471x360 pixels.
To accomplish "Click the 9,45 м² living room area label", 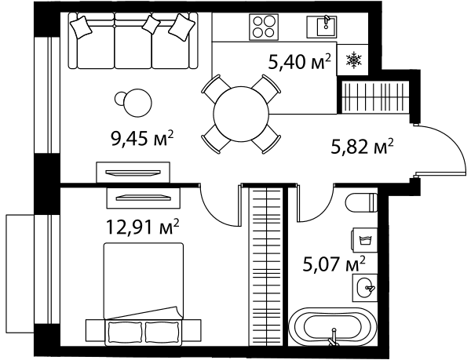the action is coord(142,139).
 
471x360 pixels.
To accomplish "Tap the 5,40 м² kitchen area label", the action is coord(300,62).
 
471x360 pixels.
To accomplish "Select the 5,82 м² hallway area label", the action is coord(362,147).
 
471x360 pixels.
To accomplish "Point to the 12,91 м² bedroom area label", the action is coord(144,227).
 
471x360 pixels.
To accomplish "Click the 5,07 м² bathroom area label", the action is coord(334,264).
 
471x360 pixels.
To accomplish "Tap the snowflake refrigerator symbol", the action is coord(354,59).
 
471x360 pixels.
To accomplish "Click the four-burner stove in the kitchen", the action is coord(264,27).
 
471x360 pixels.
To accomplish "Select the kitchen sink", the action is coord(323,27).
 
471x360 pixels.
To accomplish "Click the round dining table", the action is coord(241,115).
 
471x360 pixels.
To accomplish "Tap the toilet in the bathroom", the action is coord(362,202).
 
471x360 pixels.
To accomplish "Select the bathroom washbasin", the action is coord(365,287).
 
